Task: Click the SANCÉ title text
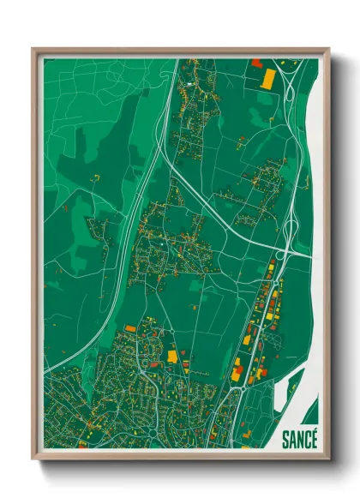299,439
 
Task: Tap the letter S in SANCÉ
285,439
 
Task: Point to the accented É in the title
314,438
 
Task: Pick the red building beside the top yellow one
256,63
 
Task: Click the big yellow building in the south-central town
172,354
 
